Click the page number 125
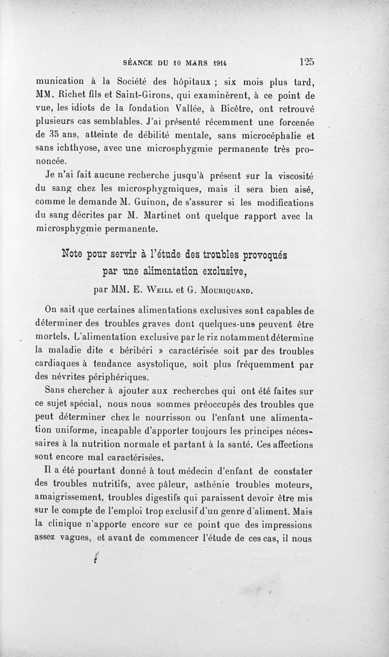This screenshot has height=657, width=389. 307,62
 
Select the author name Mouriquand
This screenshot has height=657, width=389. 231,292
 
